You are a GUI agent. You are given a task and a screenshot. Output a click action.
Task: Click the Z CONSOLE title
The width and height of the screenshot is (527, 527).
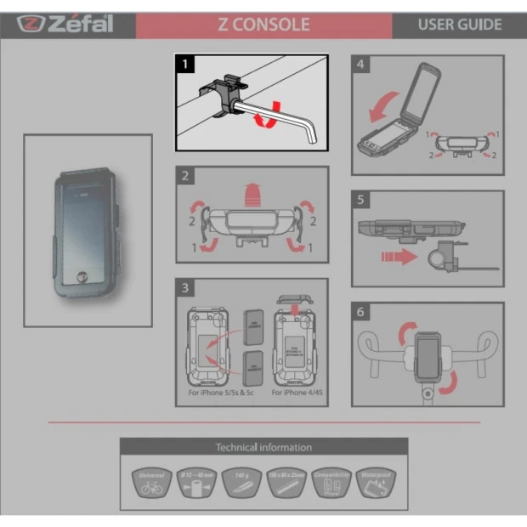coord(263,25)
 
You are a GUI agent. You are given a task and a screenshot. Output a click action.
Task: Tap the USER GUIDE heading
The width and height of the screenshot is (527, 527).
coord(459,25)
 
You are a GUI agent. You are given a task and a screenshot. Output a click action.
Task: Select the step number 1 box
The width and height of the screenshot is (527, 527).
coord(184,63)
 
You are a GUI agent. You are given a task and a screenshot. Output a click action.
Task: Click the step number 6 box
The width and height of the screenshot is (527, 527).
coord(361,313)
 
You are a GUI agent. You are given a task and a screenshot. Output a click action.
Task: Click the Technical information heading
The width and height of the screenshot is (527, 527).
coord(263,447)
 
